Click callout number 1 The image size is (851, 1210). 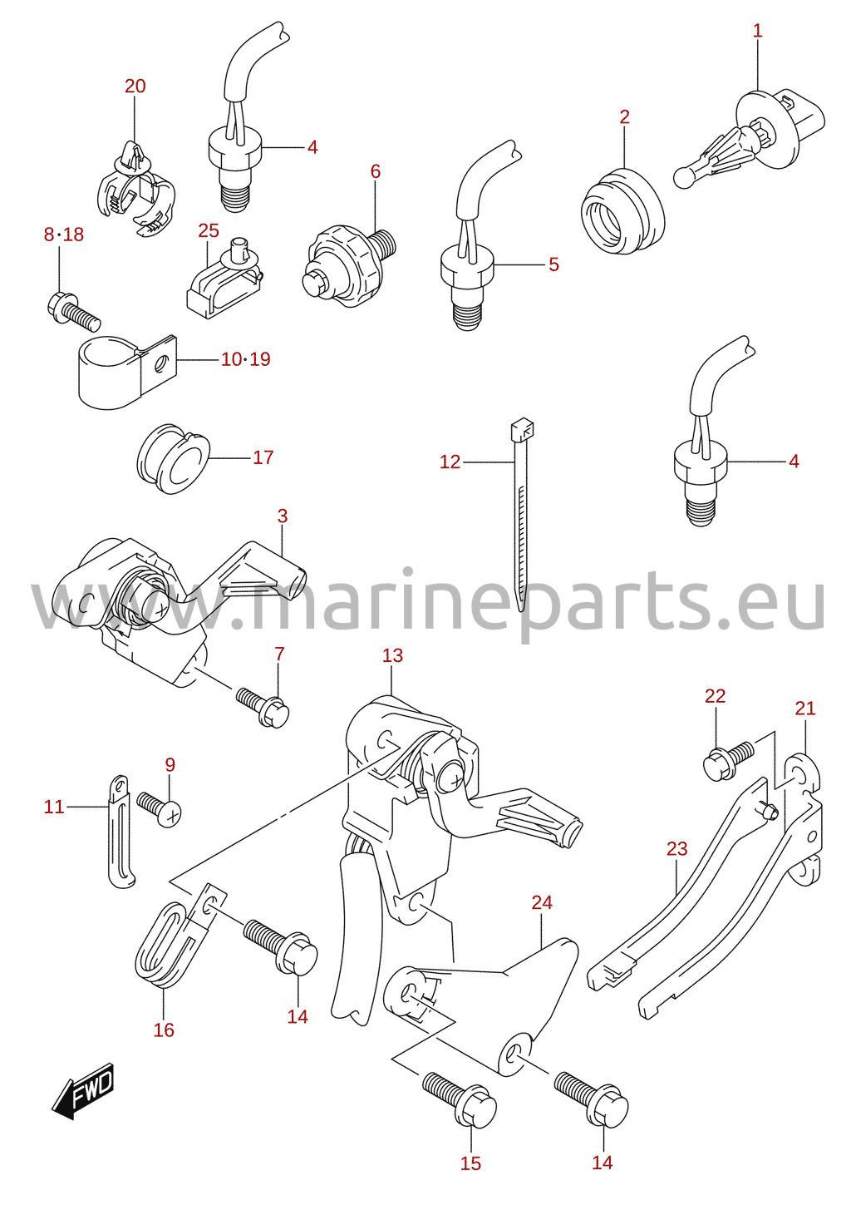(758, 30)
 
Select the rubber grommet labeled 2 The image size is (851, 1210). (622, 211)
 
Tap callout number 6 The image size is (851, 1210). (376, 171)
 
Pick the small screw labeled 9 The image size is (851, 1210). (159, 807)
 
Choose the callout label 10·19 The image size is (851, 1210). (246, 359)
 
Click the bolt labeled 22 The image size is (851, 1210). (729, 760)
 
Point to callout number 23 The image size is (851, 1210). (676, 849)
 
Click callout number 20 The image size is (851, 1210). (135, 86)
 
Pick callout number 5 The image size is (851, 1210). (553, 264)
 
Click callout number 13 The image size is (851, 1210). (392, 656)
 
